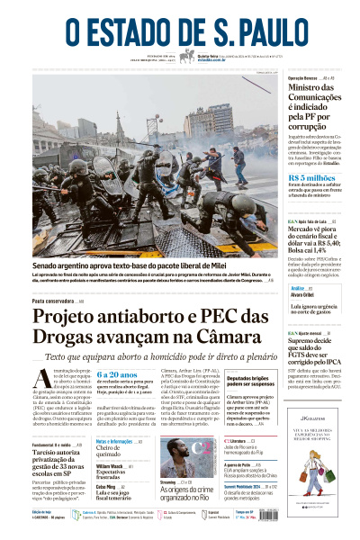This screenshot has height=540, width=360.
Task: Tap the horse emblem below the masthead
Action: (x=187, y=56)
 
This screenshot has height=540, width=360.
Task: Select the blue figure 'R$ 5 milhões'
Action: (x=312, y=179)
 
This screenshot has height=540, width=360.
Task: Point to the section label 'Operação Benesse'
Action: (x=304, y=78)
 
